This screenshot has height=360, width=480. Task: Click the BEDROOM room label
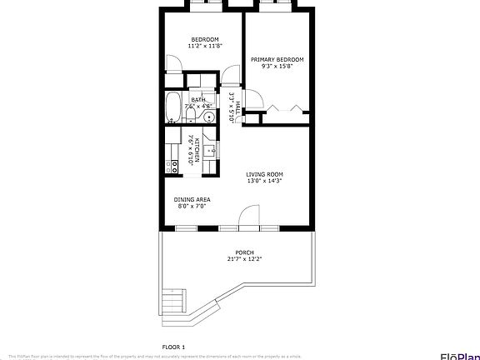click(204, 39)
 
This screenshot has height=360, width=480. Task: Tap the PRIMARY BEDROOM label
click(277, 59)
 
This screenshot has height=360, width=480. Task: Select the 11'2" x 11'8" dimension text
click(204, 47)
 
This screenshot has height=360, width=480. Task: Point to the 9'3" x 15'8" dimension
click(277, 67)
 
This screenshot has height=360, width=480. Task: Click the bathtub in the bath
click(172, 107)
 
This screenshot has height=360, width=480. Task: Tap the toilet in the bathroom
click(191, 119)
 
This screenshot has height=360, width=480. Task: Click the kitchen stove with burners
click(173, 165)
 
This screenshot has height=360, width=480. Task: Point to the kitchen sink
click(210, 151)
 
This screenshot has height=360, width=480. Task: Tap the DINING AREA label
click(192, 199)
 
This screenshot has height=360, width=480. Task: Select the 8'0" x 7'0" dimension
click(192, 206)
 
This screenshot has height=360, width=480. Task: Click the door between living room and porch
click(249, 222)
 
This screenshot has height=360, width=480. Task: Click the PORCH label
click(244, 252)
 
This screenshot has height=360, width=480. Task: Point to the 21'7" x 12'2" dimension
click(244, 259)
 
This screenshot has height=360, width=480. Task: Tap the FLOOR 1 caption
click(173, 346)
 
